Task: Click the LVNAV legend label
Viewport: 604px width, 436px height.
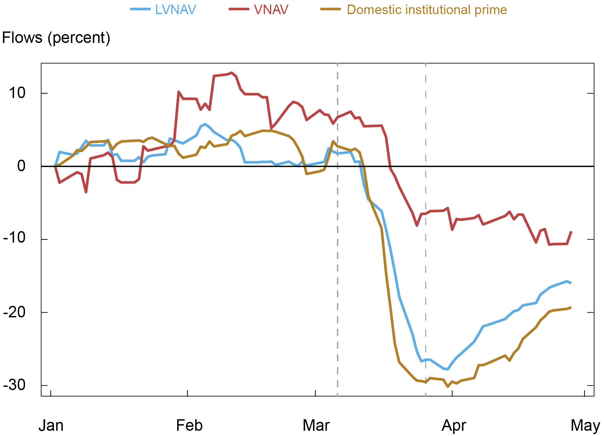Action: pos(176,10)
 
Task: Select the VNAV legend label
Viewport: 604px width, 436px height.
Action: pos(271,10)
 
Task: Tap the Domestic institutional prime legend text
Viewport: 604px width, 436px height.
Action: pos(427,10)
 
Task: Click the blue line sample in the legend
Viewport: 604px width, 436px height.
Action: pos(140,9)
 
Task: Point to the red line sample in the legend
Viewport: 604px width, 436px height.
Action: pos(239,9)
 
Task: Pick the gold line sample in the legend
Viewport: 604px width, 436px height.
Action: pos(331,9)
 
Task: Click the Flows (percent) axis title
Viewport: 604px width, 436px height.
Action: pos(56,38)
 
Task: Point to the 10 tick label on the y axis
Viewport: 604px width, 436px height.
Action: pos(17,93)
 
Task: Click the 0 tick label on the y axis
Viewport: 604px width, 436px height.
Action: pos(21,166)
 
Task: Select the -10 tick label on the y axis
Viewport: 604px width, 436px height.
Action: pos(14,238)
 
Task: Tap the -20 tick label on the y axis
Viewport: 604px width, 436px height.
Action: pos(14,312)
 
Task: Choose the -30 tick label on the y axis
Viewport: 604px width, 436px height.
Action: pos(14,385)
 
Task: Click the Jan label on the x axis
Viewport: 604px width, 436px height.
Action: pos(51,426)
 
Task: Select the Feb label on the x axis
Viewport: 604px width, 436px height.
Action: pos(189,426)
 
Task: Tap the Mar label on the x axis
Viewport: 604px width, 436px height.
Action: pos(316,426)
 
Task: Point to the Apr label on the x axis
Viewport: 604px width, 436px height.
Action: pos(454,426)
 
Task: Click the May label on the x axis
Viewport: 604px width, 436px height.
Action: pos(585,426)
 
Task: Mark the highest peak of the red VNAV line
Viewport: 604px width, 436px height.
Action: pos(232,73)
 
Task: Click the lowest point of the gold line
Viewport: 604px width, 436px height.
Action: pos(448,387)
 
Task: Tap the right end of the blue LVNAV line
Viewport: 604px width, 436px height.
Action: pos(571,283)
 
